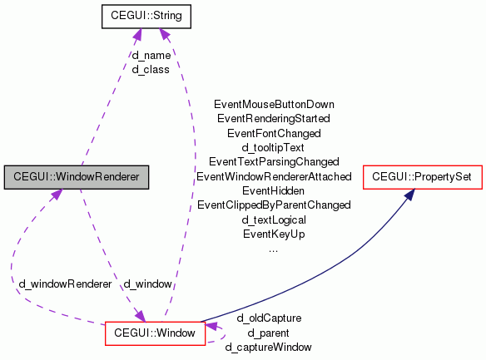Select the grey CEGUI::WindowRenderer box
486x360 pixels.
(x=75, y=177)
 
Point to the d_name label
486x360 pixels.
(x=151, y=55)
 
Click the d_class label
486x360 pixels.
(x=151, y=69)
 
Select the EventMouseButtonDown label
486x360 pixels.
(x=274, y=105)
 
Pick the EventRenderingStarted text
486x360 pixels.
(x=274, y=119)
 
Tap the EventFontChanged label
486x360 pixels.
(x=274, y=133)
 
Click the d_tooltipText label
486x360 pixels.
(x=274, y=147)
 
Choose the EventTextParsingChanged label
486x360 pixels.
(x=274, y=161)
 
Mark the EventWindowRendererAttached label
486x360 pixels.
(x=274, y=177)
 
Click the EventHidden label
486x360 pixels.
(x=274, y=191)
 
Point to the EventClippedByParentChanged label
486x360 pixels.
(x=274, y=205)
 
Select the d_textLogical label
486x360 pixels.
(x=274, y=219)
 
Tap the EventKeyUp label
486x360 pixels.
(x=274, y=234)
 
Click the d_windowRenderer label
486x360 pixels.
(x=65, y=284)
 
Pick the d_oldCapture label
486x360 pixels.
(x=269, y=318)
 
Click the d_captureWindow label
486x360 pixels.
(x=269, y=347)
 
